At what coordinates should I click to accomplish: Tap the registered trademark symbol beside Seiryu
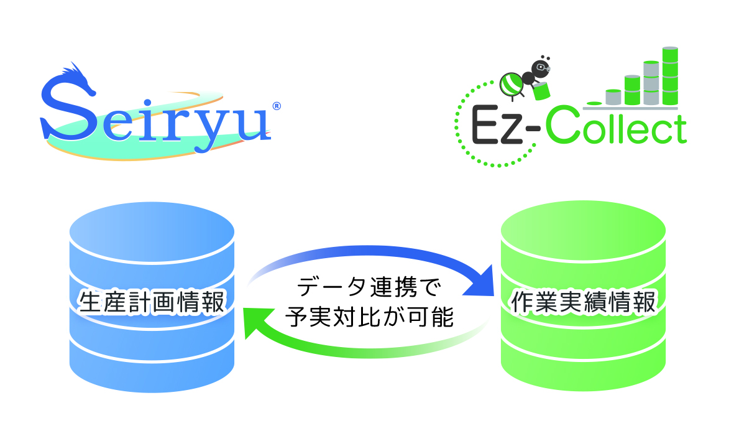point(277,106)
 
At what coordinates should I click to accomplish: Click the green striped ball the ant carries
point(511,85)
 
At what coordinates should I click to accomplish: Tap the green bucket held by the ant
point(541,91)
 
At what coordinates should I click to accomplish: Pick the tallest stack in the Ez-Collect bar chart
point(670,76)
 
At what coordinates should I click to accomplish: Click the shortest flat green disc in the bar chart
point(595,103)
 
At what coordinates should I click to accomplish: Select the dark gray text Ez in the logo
point(496,125)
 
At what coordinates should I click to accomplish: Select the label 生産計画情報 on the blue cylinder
point(152,302)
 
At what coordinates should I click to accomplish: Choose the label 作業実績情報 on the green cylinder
point(584,302)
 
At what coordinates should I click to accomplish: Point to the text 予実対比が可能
point(369,317)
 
